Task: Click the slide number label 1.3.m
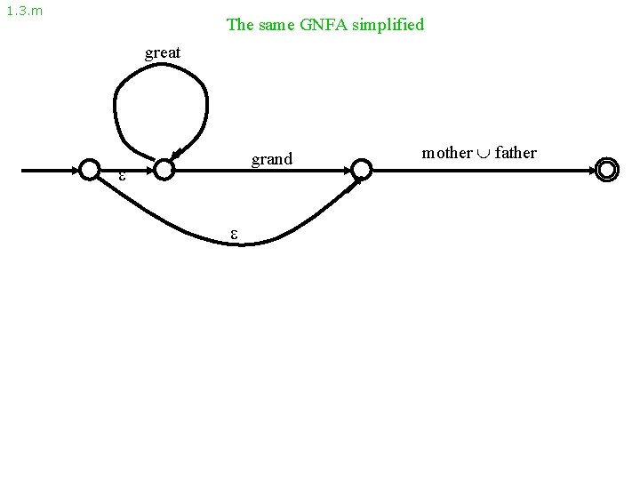point(24,12)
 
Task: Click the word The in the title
point(241,25)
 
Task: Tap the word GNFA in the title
point(331,25)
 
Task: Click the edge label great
point(163,52)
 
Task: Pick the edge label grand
point(272,160)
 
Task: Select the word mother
point(447,153)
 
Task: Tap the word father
point(516,153)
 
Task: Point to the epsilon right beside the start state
point(123,176)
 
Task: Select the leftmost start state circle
point(90,169)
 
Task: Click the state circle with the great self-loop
point(163,169)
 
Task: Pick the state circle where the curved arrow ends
point(360,169)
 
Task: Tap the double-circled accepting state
point(607,169)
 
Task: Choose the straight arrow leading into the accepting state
point(480,169)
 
